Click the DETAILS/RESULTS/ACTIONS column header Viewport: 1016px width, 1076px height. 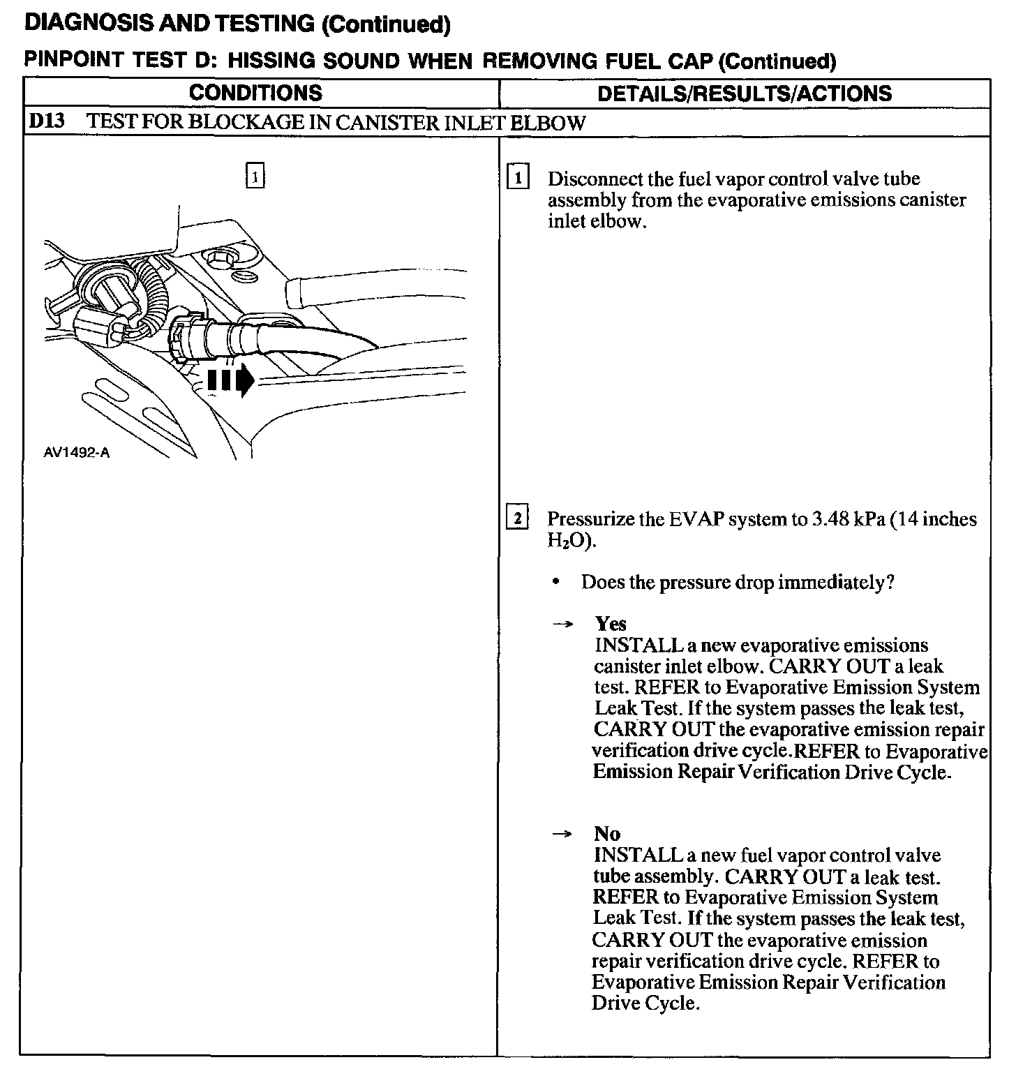pos(745,94)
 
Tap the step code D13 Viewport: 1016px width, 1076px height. pos(46,122)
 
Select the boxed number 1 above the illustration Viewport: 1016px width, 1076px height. pos(255,177)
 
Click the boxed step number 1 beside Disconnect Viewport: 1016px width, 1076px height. pos(517,177)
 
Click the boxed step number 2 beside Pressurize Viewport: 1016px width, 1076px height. pos(517,518)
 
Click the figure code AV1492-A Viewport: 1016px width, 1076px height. pos(77,452)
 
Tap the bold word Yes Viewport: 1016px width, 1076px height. pos(611,624)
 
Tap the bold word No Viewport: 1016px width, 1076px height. pos(607,833)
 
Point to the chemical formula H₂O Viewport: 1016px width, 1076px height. pos(569,541)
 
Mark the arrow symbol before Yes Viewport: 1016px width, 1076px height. pos(562,625)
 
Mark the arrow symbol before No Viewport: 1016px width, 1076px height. pos(562,834)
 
